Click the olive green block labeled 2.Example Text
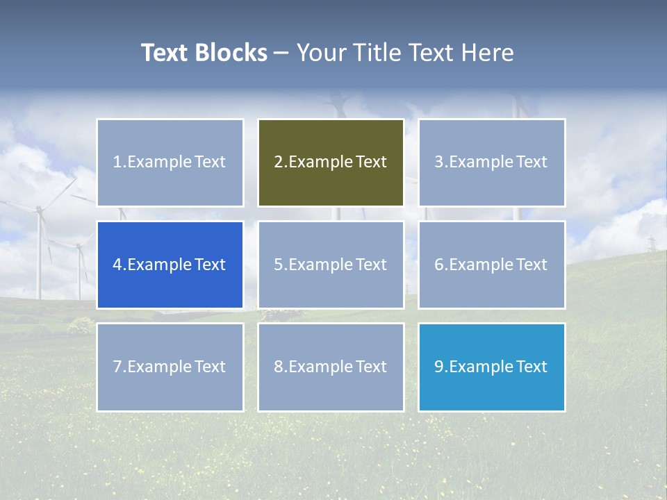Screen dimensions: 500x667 click(x=331, y=162)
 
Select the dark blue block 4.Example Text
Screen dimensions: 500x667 click(x=170, y=265)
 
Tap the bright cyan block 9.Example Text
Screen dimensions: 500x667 click(x=491, y=367)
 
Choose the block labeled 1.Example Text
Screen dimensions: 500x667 click(x=170, y=162)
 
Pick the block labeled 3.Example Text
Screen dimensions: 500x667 click(x=491, y=162)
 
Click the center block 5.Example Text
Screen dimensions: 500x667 click(x=331, y=265)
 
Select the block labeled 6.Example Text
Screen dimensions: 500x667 click(x=491, y=265)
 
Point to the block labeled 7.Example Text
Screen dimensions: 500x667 click(x=170, y=367)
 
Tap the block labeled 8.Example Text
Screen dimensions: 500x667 click(x=331, y=367)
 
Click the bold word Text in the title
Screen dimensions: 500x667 click(x=165, y=53)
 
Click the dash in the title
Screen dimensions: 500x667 click(x=281, y=53)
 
